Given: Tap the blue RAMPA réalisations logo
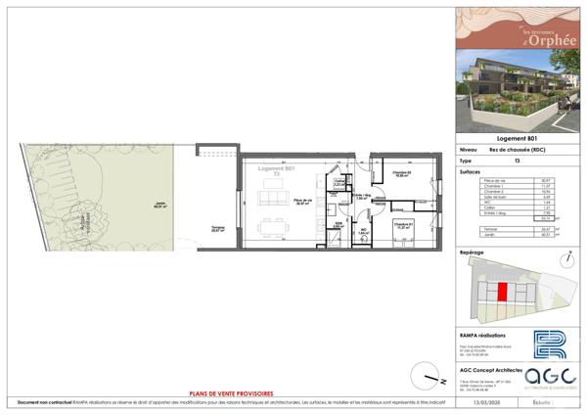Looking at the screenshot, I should (x=550, y=346).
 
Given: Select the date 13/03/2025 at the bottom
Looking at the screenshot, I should (x=484, y=402).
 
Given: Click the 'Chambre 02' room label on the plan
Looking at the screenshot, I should (x=401, y=172).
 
